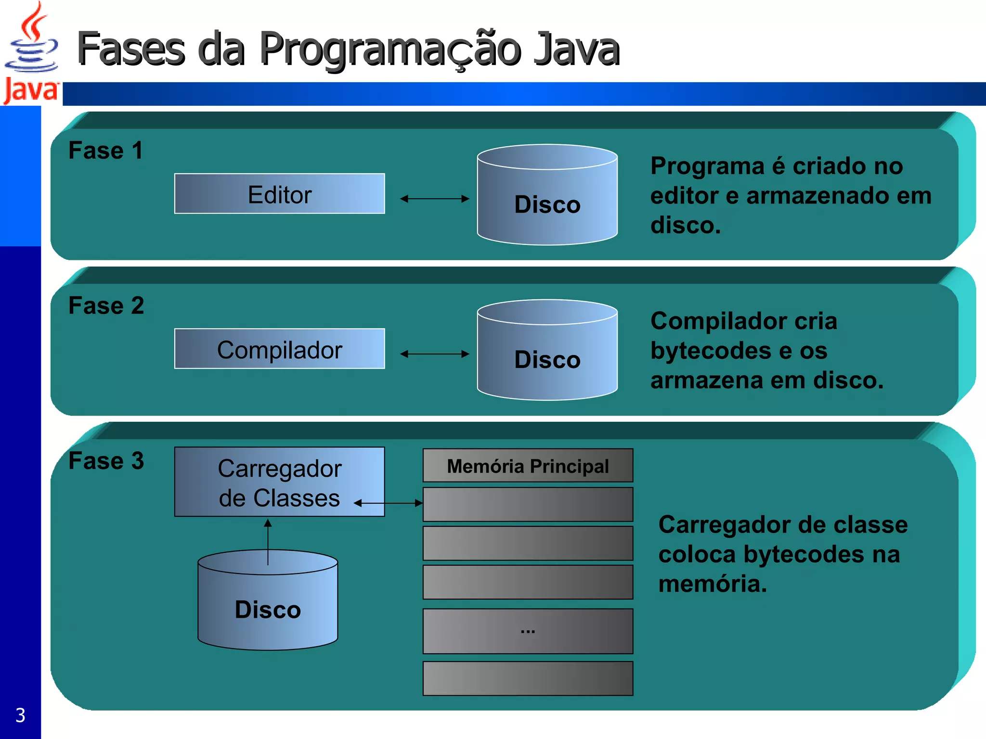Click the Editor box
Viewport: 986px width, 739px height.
(x=279, y=194)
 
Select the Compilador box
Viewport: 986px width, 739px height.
(x=279, y=349)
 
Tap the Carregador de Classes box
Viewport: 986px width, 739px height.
(x=279, y=482)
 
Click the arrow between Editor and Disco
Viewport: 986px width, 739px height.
(x=434, y=199)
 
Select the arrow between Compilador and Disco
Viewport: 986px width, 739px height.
(x=434, y=354)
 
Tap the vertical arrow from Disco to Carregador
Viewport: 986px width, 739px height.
(x=268, y=541)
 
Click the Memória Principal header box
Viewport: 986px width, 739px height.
(x=528, y=466)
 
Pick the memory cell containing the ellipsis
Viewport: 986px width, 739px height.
(x=528, y=631)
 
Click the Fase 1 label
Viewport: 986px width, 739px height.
(x=105, y=151)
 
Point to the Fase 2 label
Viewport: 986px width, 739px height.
(x=106, y=306)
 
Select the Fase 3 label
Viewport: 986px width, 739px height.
(x=106, y=461)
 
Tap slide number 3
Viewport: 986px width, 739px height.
(x=20, y=715)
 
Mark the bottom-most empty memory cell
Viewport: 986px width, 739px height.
(x=528, y=678)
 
